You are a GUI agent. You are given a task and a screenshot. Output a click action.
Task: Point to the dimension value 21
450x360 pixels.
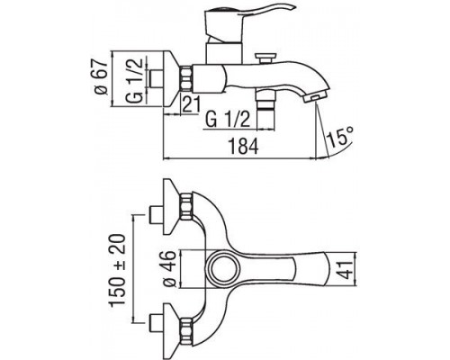pyautogui.click(x=189, y=105)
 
